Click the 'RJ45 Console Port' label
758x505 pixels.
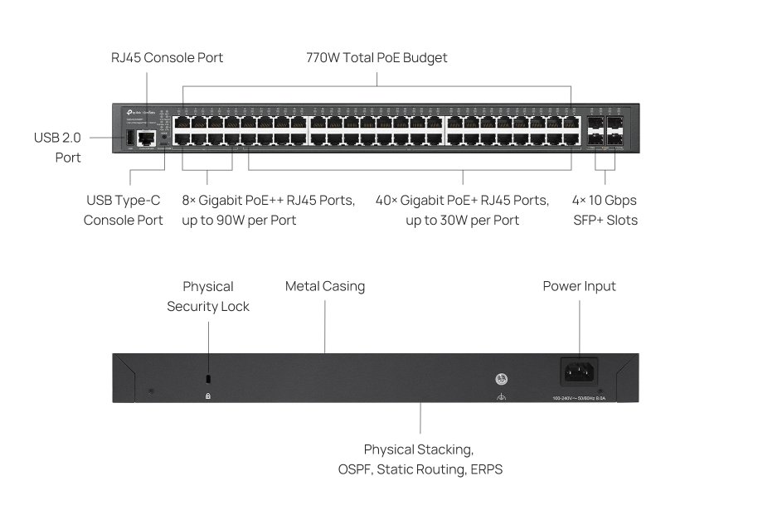[x=167, y=58]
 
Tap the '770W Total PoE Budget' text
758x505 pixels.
[x=377, y=58]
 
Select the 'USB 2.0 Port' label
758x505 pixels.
[x=57, y=147]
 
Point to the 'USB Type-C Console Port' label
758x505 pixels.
[x=124, y=211]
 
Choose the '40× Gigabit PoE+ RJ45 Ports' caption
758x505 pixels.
[x=462, y=201]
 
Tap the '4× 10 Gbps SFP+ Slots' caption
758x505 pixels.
[x=605, y=211]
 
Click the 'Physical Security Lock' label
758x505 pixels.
[x=208, y=296]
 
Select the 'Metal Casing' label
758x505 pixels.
[x=325, y=286]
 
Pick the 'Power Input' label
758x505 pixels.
[x=579, y=286]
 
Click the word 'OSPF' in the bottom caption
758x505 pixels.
[x=358, y=469]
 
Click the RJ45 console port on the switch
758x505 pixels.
[x=147, y=138]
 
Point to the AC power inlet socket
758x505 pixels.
[x=580, y=372]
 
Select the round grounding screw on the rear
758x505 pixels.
[x=501, y=379]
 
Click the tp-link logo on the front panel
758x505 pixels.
[x=137, y=111]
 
